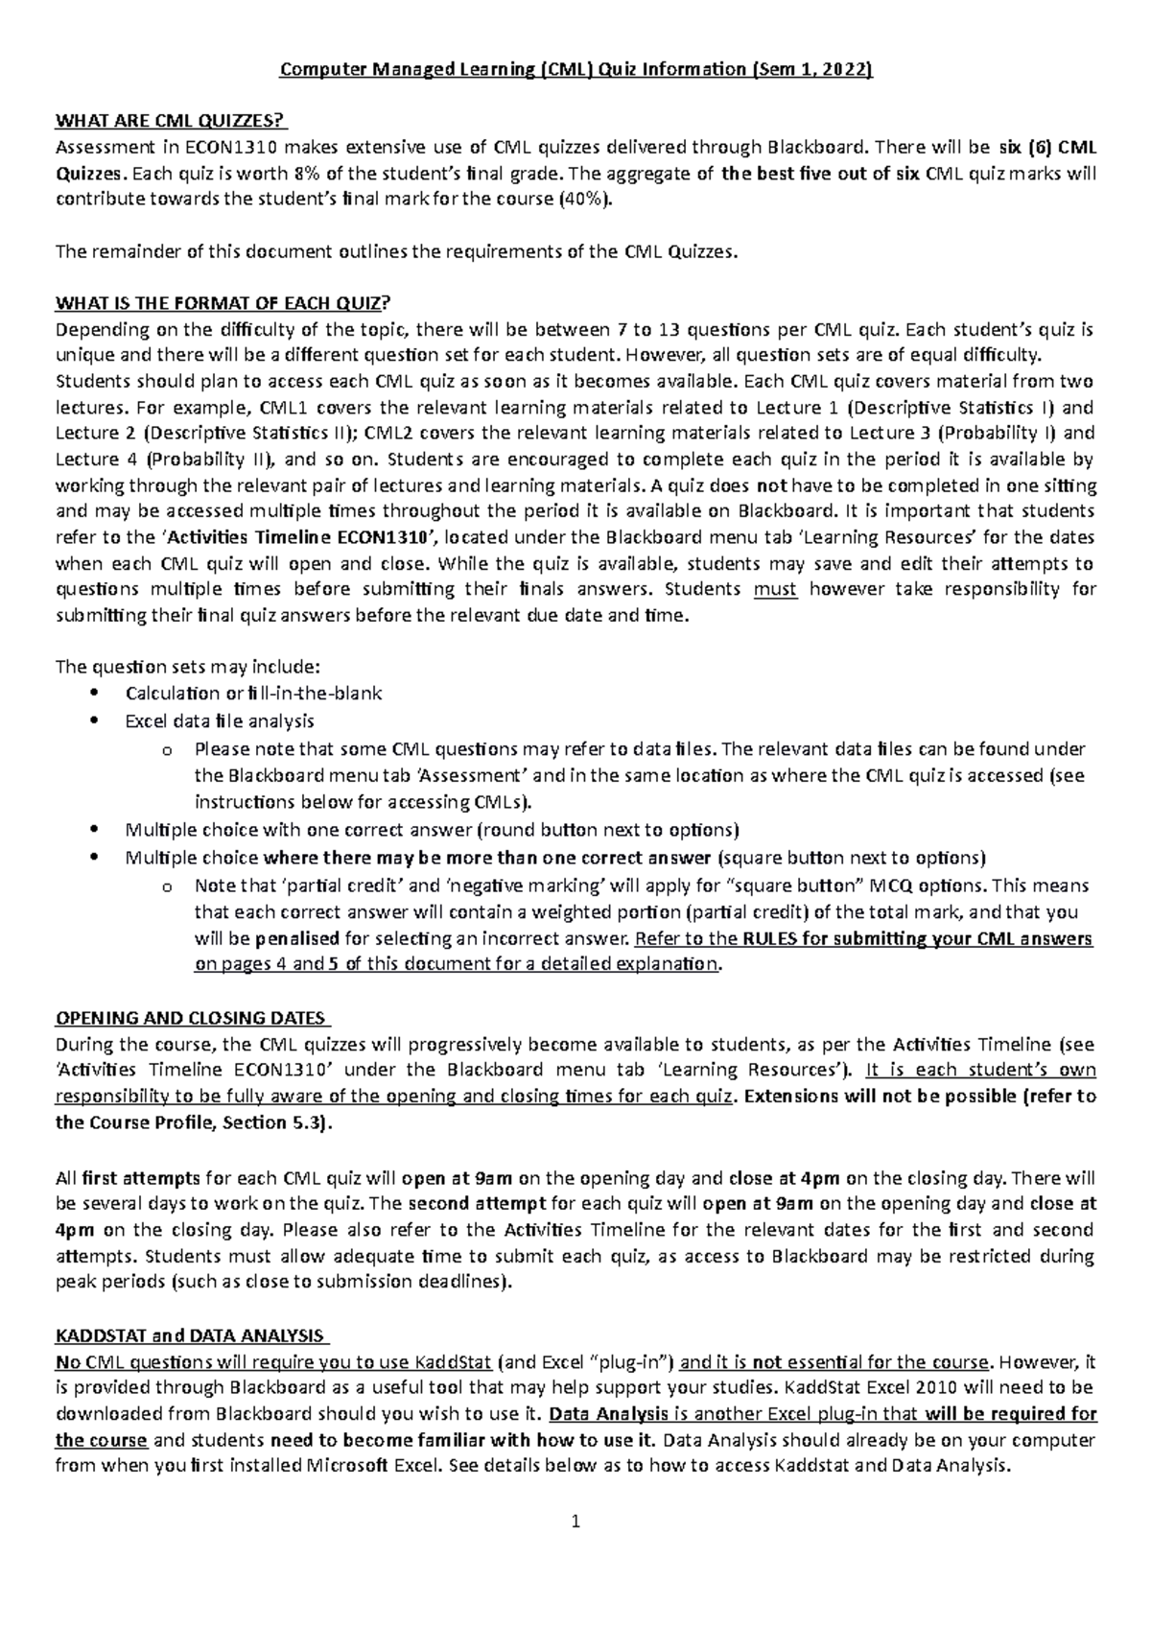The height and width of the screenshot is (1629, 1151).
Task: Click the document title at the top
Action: (x=575, y=69)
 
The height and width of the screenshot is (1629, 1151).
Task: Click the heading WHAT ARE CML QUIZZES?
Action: (x=172, y=120)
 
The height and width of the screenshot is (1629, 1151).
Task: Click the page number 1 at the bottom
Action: (x=575, y=1521)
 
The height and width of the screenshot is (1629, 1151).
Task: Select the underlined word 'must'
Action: (x=775, y=590)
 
